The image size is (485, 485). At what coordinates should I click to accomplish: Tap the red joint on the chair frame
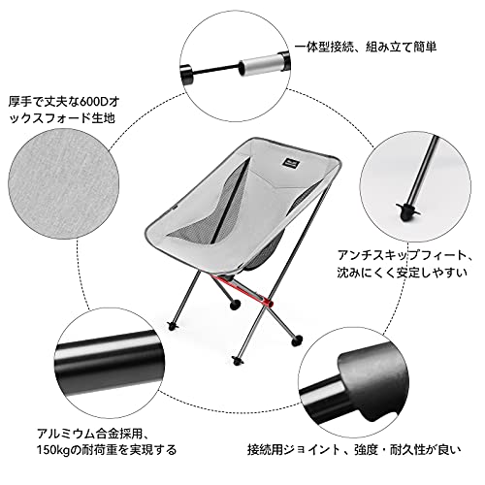pyautogui.click(x=269, y=303)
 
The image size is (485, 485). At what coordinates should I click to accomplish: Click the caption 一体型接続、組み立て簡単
pyautogui.click(x=366, y=48)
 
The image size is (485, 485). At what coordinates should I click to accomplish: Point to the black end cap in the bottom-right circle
pyautogui.click(x=372, y=380)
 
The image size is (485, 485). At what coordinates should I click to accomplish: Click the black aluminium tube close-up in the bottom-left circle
pyautogui.click(x=109, y=362)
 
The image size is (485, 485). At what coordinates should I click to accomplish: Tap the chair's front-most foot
pyautogui.click(x=239, y=360)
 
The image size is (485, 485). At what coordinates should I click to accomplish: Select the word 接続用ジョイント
pyautogui.click(x=293, y=450)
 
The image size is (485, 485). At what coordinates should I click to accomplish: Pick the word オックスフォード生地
pyautogui.click(x=61, y=118)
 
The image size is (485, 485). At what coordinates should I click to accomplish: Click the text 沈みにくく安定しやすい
pyautogui.click(x=402, y=273)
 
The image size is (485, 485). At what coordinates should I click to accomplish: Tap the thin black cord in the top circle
pyautogui.click(x=215, y=69)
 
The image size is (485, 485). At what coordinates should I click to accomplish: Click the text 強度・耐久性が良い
pyautogui.click(x=407, y=450)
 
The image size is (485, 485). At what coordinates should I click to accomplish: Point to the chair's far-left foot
pyautogui.click(x=173, y=326)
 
